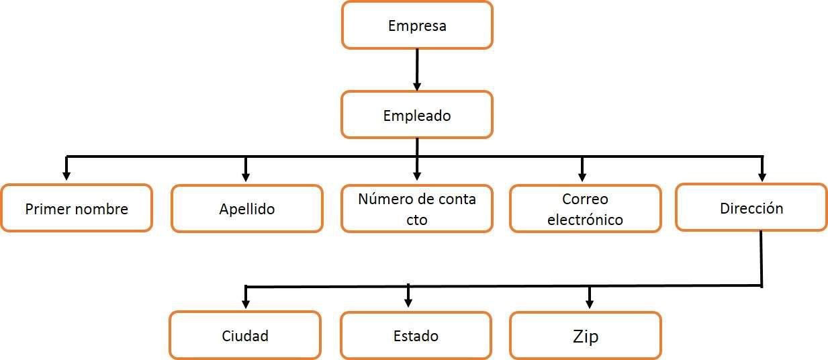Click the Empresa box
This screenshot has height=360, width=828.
(417, 26)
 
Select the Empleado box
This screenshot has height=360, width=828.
(417, 115)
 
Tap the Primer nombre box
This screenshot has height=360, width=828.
(76, 208)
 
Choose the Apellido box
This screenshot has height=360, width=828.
(246, 208)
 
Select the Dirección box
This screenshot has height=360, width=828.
(751, 208)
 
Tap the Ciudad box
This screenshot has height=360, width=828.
(245, 335)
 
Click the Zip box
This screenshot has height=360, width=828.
(585, 336)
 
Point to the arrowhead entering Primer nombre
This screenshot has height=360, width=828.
(66, 176)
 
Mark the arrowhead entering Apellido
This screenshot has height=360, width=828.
(246, 176)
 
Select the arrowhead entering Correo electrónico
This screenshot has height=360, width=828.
(582, 176)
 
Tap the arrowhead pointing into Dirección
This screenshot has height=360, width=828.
(761, 176)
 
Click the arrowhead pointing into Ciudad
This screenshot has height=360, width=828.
(246, 302)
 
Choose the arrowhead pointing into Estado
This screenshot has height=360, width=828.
(408, 302)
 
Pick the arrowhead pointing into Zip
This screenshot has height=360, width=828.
(590, 302)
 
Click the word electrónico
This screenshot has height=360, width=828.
(585, 220)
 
